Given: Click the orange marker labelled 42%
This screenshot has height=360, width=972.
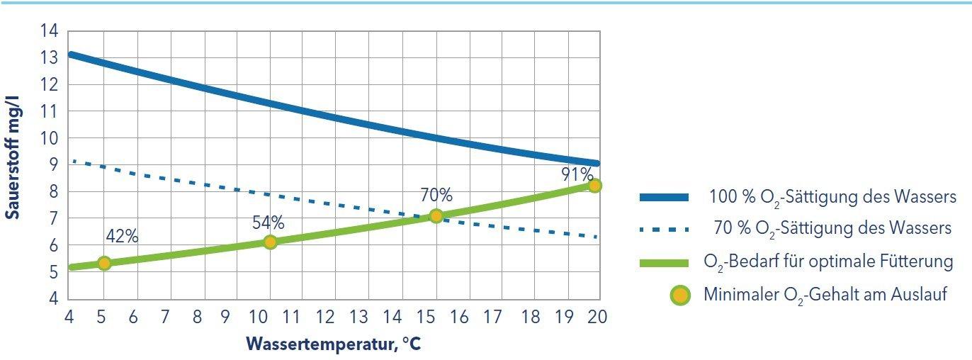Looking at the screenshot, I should [x=104, y=264].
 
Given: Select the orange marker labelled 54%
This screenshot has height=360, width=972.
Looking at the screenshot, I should [x=270, y=242].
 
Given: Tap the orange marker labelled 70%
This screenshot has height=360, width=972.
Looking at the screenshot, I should [x=436, y=216].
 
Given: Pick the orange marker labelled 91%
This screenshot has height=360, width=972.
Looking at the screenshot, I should [x=594, y=186].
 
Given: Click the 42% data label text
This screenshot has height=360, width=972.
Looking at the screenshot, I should [x=122, y=237].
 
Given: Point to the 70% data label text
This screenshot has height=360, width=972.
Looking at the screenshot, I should [x=436, y=195].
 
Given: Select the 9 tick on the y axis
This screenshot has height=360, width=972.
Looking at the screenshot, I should [x=53, y=165].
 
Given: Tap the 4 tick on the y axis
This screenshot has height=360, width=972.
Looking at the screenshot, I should [x=53, y=299].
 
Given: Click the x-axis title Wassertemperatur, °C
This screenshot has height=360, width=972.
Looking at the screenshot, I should [x=334, y=344].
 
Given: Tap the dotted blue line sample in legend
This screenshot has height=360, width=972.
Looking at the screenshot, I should [x=664, y=229].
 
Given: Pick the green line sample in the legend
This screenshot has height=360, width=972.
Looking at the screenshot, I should [x=664, y=262].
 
